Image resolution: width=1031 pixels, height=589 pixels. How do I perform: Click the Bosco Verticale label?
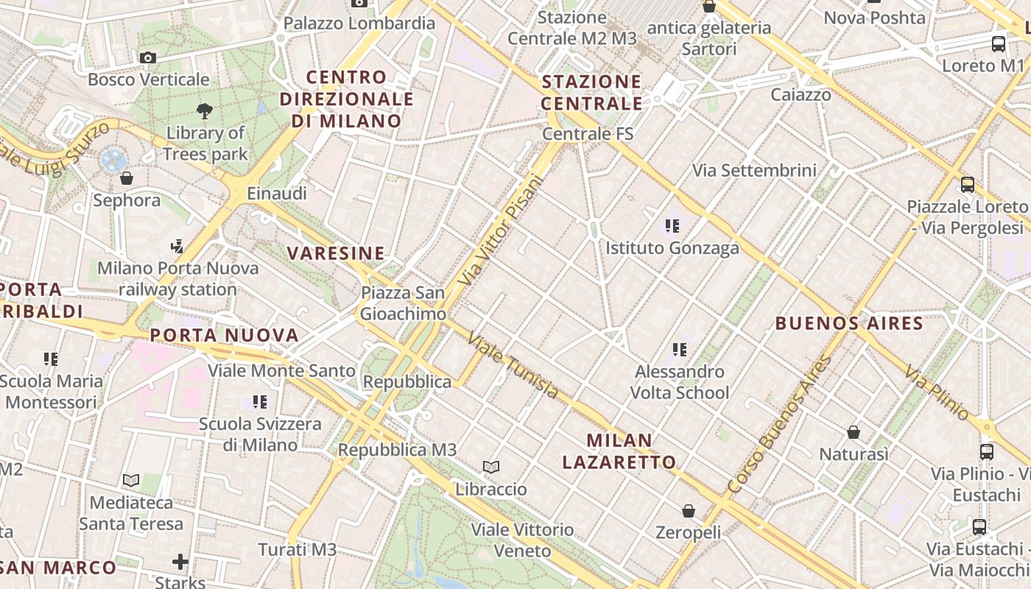[x=148, y=80]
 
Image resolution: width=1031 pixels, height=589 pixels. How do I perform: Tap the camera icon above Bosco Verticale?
[x=147, y=57]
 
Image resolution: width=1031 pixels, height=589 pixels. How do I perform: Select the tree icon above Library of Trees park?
[x=205, y=111]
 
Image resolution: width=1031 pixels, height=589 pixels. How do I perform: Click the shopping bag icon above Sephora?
[x=127, y=178]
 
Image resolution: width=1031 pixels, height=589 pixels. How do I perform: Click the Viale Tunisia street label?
[x=513, y=365]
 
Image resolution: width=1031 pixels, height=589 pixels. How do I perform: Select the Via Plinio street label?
[x=937, y=392]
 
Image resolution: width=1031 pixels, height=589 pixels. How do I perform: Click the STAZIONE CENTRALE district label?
[x=592, y=92]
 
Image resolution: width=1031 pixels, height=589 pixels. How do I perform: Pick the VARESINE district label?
[x=336, y=253]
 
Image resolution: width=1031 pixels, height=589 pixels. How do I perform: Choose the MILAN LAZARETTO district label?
[x=619, y=451]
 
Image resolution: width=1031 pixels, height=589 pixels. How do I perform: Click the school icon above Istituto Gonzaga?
[x=672, y=226]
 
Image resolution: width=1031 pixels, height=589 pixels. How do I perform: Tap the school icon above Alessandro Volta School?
[x=679, y=350]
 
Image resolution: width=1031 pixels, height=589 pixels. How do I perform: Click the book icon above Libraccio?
[x=491, y=467]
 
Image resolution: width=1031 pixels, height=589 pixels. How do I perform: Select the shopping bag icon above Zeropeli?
[x=688, y=510]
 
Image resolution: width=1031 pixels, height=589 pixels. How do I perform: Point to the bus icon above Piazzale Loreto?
[x=968, y=185]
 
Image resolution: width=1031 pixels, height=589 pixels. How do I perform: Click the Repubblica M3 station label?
[x=398, y=449]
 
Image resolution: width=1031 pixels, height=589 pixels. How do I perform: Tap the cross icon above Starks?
[x=180, y=562]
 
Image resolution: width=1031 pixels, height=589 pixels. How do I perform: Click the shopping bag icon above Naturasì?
[x=854, y=431]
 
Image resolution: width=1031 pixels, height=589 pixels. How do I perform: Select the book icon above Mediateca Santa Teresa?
[x=131, y=481]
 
